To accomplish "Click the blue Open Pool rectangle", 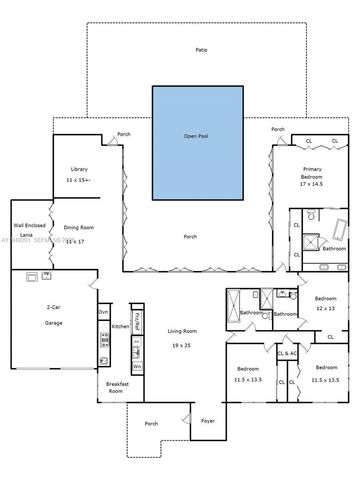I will (196, 136).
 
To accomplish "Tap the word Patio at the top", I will (201, 49).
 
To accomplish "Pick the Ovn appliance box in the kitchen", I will (102, 312).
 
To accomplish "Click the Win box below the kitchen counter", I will (137, 366).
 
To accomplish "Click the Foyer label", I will (208, 421).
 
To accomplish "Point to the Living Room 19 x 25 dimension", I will (180, 344).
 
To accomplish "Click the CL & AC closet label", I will (287, 353).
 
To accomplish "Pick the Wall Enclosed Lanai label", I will (26, 232).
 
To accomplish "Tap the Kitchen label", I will (120, 327).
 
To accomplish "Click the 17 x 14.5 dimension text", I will (312, 184).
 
